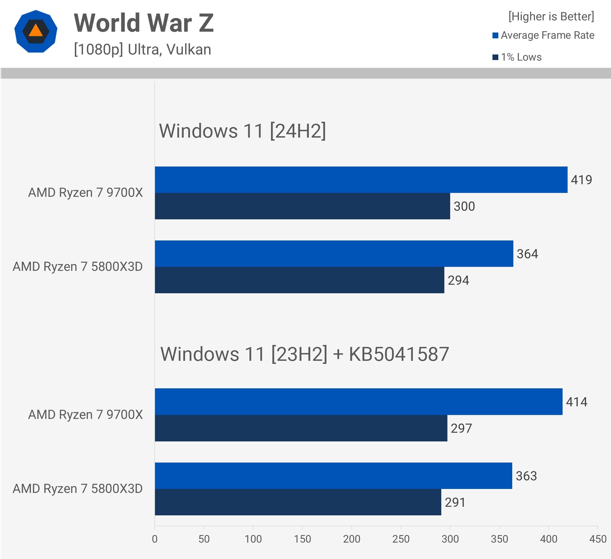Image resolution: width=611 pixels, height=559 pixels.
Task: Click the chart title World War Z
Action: (x=144, y=23)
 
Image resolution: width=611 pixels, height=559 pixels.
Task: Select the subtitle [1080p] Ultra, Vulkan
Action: (x=142, y=49)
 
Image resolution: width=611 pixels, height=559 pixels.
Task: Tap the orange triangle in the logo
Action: (x=36, y=30)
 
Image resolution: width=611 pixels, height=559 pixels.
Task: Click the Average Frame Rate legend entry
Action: (x=543, y=35)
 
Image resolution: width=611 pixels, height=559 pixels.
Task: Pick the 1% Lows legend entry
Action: (x=517, y=57)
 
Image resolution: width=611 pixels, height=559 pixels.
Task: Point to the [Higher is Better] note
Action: (x=551, y=16)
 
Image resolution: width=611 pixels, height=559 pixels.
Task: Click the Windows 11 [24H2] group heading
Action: (x=242, y=131)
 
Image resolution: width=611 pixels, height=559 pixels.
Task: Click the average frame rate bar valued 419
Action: (x=361, y=180)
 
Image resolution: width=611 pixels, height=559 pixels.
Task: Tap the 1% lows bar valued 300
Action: (x=302, y=206)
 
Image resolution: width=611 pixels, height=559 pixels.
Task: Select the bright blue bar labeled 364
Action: (x=334, y=254)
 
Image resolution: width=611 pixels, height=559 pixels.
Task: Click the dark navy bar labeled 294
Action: (x=299, y=280)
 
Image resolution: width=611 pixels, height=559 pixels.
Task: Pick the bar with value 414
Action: (x=359, y=402)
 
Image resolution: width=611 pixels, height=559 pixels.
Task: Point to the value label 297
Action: (x=461, y=428)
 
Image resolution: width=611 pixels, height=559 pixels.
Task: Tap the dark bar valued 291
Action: (x=298, y=502)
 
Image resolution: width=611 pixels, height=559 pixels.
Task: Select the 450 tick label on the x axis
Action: (x=598, y=539)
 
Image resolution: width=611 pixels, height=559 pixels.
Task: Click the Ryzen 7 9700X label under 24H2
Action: (x=85, y=193)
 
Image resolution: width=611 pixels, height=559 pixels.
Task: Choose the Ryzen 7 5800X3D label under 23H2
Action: (x=78, y=488)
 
